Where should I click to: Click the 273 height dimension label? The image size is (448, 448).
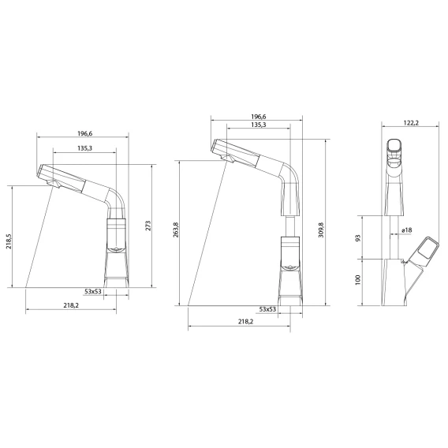pyautogui.click(x=148, y=226)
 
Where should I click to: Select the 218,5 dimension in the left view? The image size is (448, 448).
pyautogui.click(x=9, y=241)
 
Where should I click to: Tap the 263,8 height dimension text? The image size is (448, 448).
pyautogui.click(x=176, y=230)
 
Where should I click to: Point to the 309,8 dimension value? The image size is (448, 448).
pyautogui.click(x=321, y=230)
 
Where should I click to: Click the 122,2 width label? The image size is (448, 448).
pyautogui.click(x=411, y=123)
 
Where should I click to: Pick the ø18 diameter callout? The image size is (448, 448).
pyautogui.click(x=406, y=230)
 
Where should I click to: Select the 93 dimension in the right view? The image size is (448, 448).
pyautogui.click(x=358, y=237)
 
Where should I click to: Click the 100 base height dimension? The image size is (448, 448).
pyautogui.click(x=358, y=280)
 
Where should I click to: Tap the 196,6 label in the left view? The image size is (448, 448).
pyautogui.click(x=85, y=134)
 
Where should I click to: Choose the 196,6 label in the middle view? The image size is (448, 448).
pyautogui.click(x=259, y=117)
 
